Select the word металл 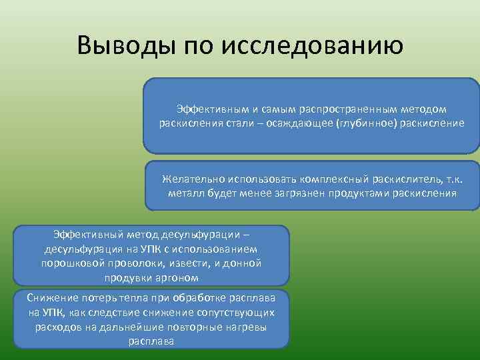[185, 194]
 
